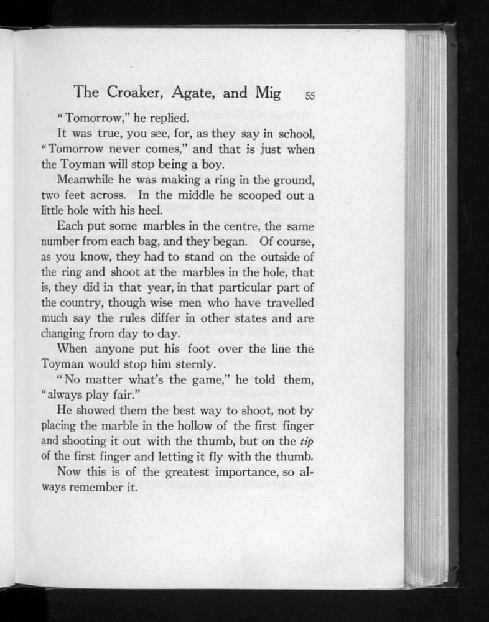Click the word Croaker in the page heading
pyautogui.click(x=131, y=93)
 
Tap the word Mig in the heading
pyautogui.click(x=265, y=93)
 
